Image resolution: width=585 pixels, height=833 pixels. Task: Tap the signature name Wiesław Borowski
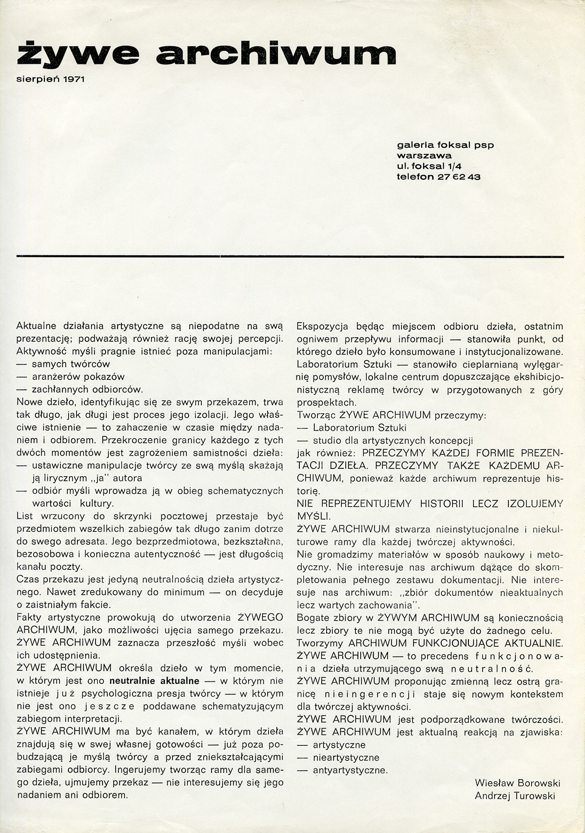[517, 783]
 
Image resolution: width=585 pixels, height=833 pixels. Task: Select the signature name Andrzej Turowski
[517, 796]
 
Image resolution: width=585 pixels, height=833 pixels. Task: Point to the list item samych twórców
[71, 364]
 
